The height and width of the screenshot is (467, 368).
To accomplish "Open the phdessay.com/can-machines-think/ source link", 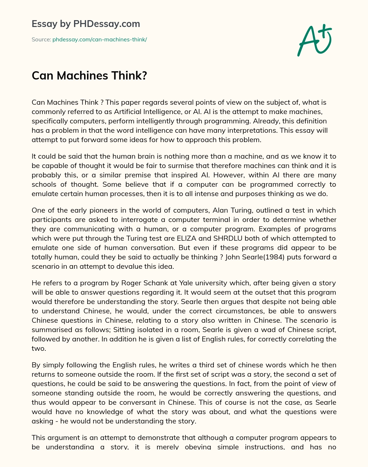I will coord(100,40).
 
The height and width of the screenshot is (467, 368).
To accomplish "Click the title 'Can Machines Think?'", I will coord(89,76).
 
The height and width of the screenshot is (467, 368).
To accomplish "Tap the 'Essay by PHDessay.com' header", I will coord(86,24).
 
